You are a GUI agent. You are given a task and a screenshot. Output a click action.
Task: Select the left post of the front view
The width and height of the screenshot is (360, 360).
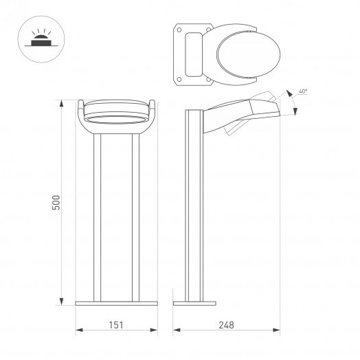98,216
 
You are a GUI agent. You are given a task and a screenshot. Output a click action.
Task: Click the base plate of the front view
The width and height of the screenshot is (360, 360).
117,303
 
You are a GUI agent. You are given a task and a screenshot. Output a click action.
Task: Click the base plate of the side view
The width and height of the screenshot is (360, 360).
194,303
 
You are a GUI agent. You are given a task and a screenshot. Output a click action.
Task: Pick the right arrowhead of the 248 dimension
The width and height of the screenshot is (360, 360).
282,331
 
